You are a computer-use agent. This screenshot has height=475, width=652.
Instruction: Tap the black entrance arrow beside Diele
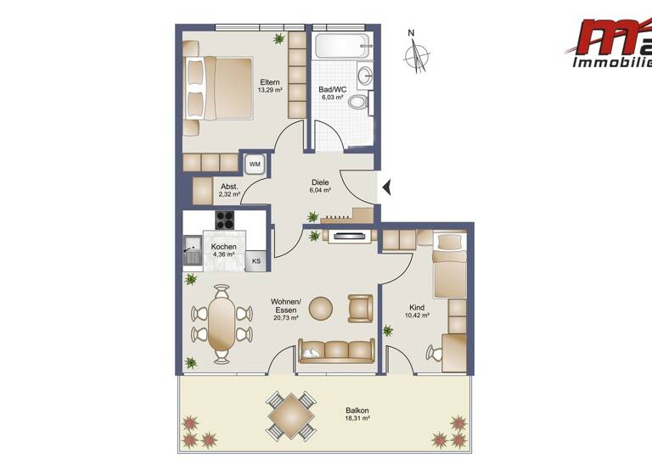(x=385, y=187)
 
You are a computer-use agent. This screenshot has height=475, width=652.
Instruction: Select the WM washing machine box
(x=255, y=164)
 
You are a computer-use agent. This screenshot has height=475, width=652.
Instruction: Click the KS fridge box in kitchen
(x=256, y=260)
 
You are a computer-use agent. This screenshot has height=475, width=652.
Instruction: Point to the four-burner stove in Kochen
(x=225, y=220)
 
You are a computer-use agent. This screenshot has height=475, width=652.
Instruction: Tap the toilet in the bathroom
(x=360, y=103)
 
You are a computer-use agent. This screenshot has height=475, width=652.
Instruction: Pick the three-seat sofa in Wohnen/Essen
(x=336, y=349)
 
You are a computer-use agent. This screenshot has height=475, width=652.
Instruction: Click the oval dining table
(x=222, y=323)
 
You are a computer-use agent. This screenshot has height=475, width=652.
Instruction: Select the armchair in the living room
(x=361, y=307)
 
